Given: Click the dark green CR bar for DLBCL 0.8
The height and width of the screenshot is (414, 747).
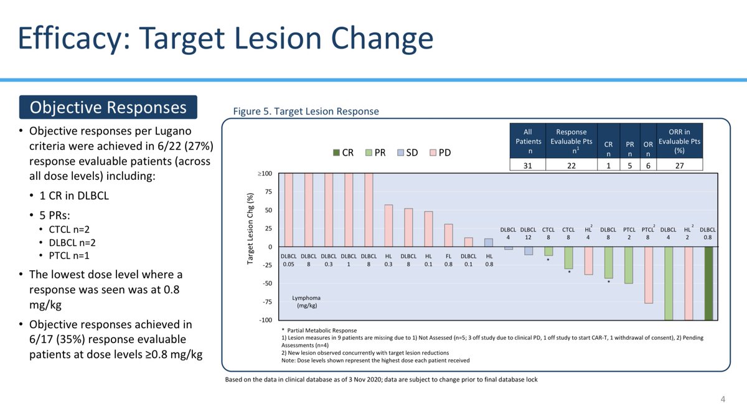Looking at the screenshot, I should click(707, 283).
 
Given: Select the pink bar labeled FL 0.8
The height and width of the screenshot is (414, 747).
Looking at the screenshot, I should click(448, 235).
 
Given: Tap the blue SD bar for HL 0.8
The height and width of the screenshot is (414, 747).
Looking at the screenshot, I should click(489, 243).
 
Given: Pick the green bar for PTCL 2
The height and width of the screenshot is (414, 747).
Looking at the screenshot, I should click(629, 265).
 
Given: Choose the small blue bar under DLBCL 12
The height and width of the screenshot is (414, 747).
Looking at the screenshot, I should click(529, 251).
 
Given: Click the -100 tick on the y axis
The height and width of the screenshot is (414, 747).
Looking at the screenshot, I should click(265, 320).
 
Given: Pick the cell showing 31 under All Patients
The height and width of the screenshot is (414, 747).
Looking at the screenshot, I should click(528, 164).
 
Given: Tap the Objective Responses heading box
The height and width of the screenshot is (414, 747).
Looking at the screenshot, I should click(108, 107).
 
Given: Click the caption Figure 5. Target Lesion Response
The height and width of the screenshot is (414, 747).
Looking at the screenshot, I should click(306, 111).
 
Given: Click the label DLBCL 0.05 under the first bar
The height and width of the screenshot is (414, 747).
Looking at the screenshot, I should click(288, 260).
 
